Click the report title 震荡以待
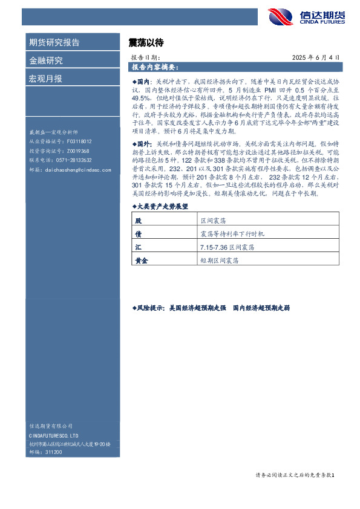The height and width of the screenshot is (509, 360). (146, 43)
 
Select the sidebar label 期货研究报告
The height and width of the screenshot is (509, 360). (54, 42)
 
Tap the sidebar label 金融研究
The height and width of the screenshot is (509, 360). (45, 60)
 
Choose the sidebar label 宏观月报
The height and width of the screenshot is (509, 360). (45, 79)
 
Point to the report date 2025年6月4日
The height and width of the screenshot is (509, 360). (319, 57)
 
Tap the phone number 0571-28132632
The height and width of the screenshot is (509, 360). (72, 160)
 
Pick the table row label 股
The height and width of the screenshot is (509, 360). (138, 222)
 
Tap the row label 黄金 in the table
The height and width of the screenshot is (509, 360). (142, 261)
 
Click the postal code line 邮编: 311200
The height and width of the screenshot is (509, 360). (45, 452)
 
